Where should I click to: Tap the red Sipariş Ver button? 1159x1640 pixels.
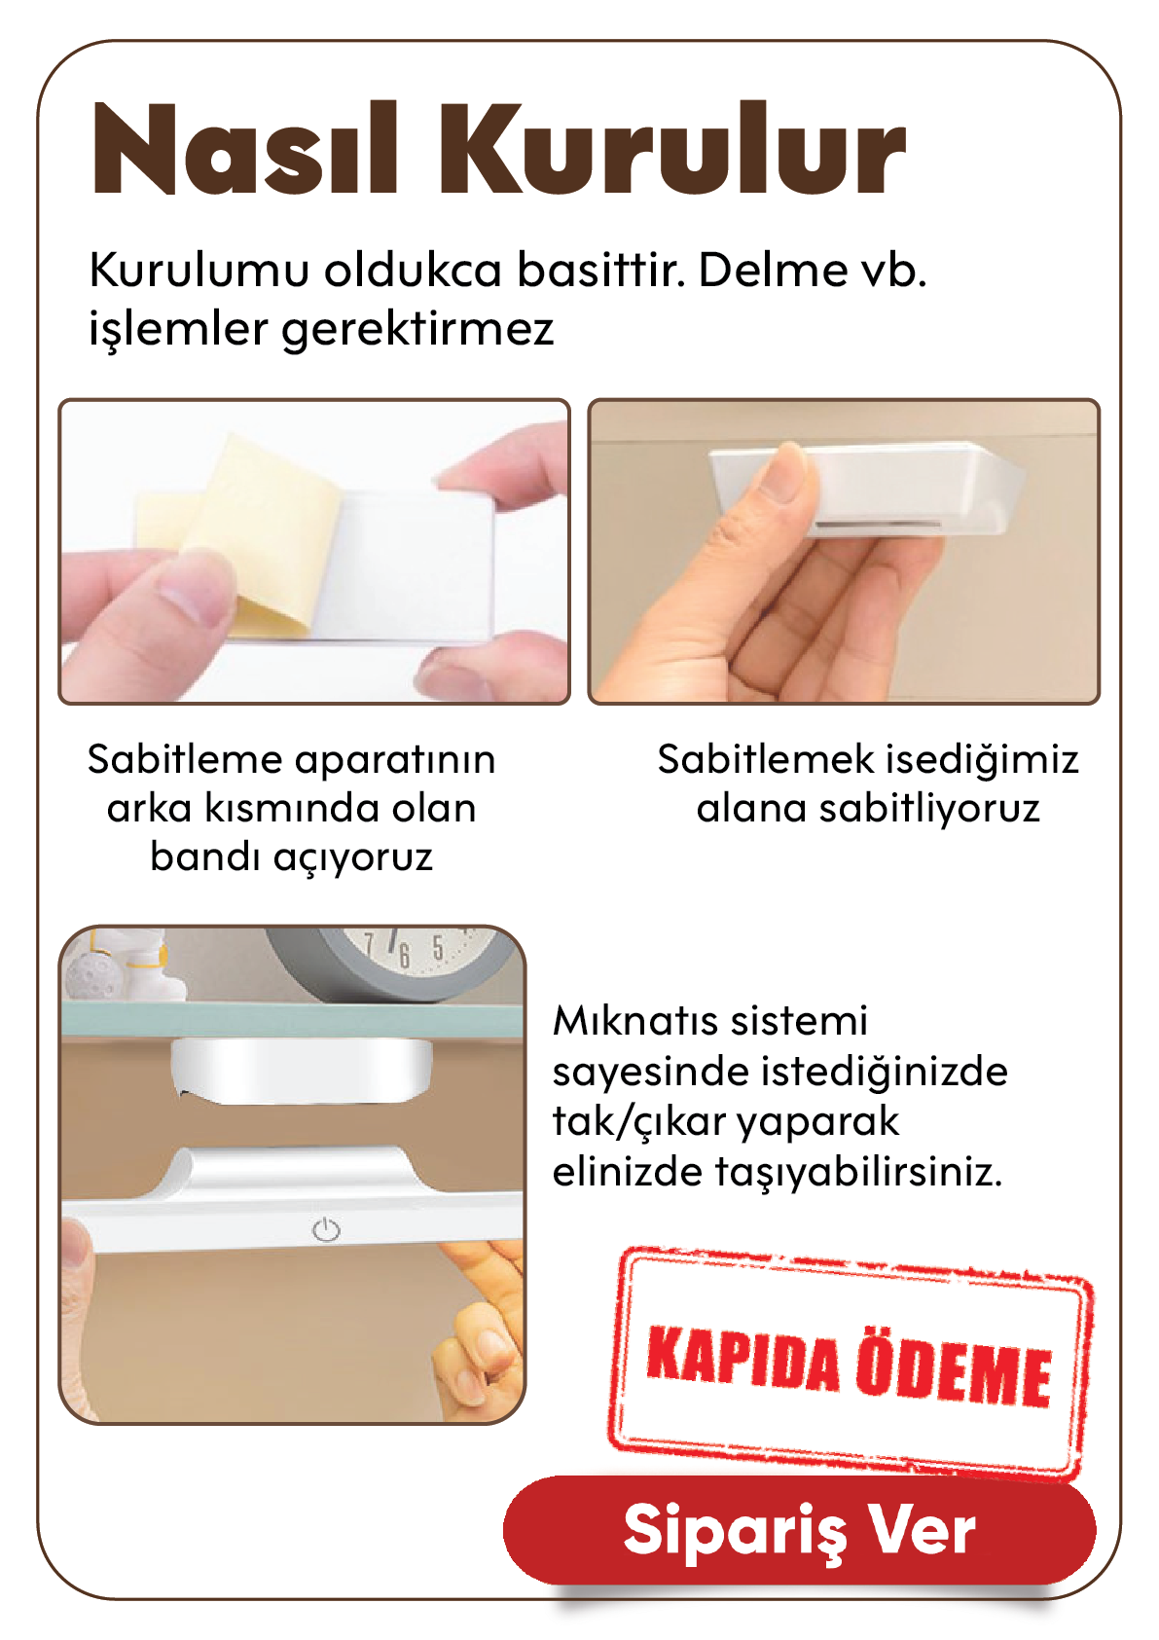(799, 1530)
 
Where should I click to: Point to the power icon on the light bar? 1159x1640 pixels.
(326, 1229)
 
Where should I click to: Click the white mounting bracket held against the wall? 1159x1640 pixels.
(864, 489)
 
